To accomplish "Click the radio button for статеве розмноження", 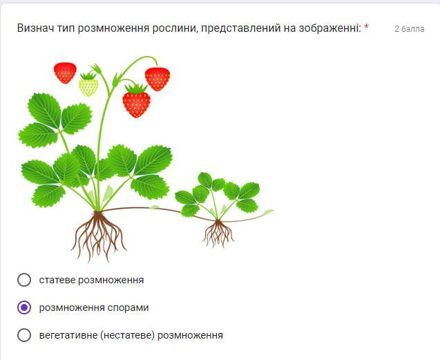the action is [24, 280].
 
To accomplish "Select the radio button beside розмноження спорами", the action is [24, 307].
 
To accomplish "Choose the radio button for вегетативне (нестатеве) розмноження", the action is [24, 334].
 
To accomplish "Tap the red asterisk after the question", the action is [366, 27].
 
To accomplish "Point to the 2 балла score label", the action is [410, 29].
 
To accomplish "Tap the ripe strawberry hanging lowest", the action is [136, 101].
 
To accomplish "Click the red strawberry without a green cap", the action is [65, 73].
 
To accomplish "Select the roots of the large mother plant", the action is [98, 236].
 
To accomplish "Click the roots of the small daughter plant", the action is [218, 234].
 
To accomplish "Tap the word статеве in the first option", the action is [57, 280].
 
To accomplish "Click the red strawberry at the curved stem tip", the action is [157, 79].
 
